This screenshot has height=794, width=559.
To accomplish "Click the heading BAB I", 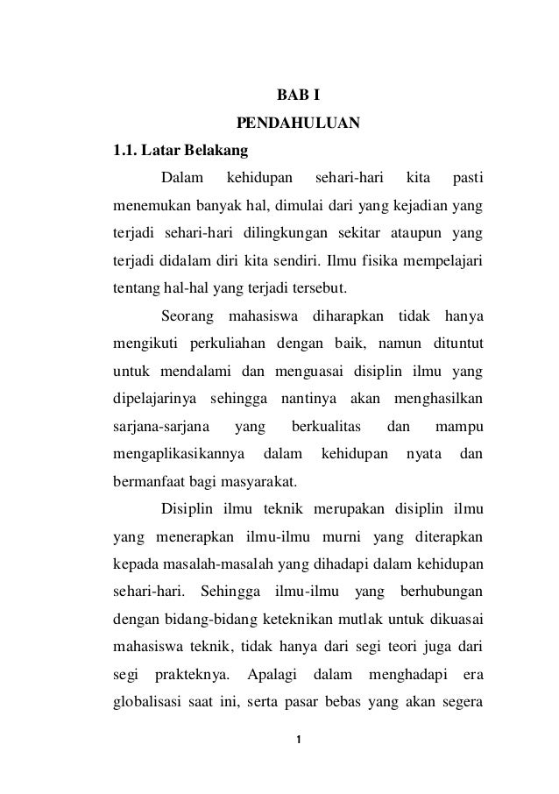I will coord(298,94).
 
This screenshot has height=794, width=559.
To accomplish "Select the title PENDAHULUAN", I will coord(298,122).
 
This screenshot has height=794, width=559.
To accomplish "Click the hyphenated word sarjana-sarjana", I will coord(159,428).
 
